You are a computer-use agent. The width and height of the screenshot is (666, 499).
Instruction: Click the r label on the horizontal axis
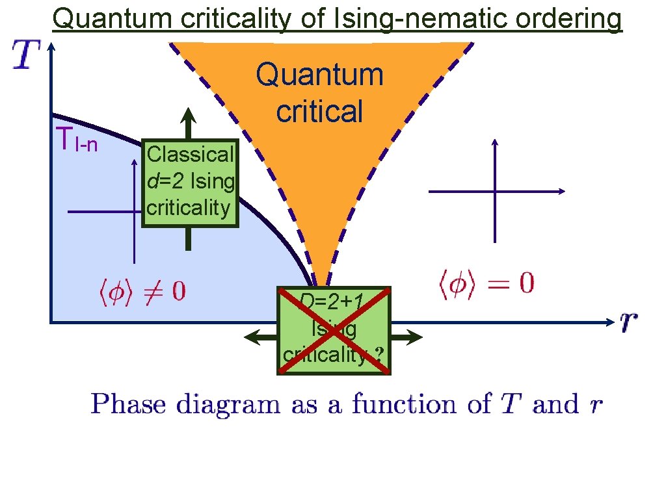(628, 320)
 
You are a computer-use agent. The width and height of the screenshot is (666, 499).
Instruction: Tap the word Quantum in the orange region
(319, 75)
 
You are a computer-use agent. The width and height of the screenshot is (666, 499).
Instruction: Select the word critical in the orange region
(319, 111)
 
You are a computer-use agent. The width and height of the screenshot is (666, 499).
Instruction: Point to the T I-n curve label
(77, 140)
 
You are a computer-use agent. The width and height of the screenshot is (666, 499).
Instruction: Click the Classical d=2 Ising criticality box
(190, 181)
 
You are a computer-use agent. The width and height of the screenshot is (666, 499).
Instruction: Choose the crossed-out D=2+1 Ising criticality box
(334, 330)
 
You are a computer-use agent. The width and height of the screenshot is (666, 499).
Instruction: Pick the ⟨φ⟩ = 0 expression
(484, 284)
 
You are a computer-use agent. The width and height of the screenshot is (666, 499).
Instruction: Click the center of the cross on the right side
(496, 192)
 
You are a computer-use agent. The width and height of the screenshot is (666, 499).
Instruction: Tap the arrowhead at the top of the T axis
(51, 47)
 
